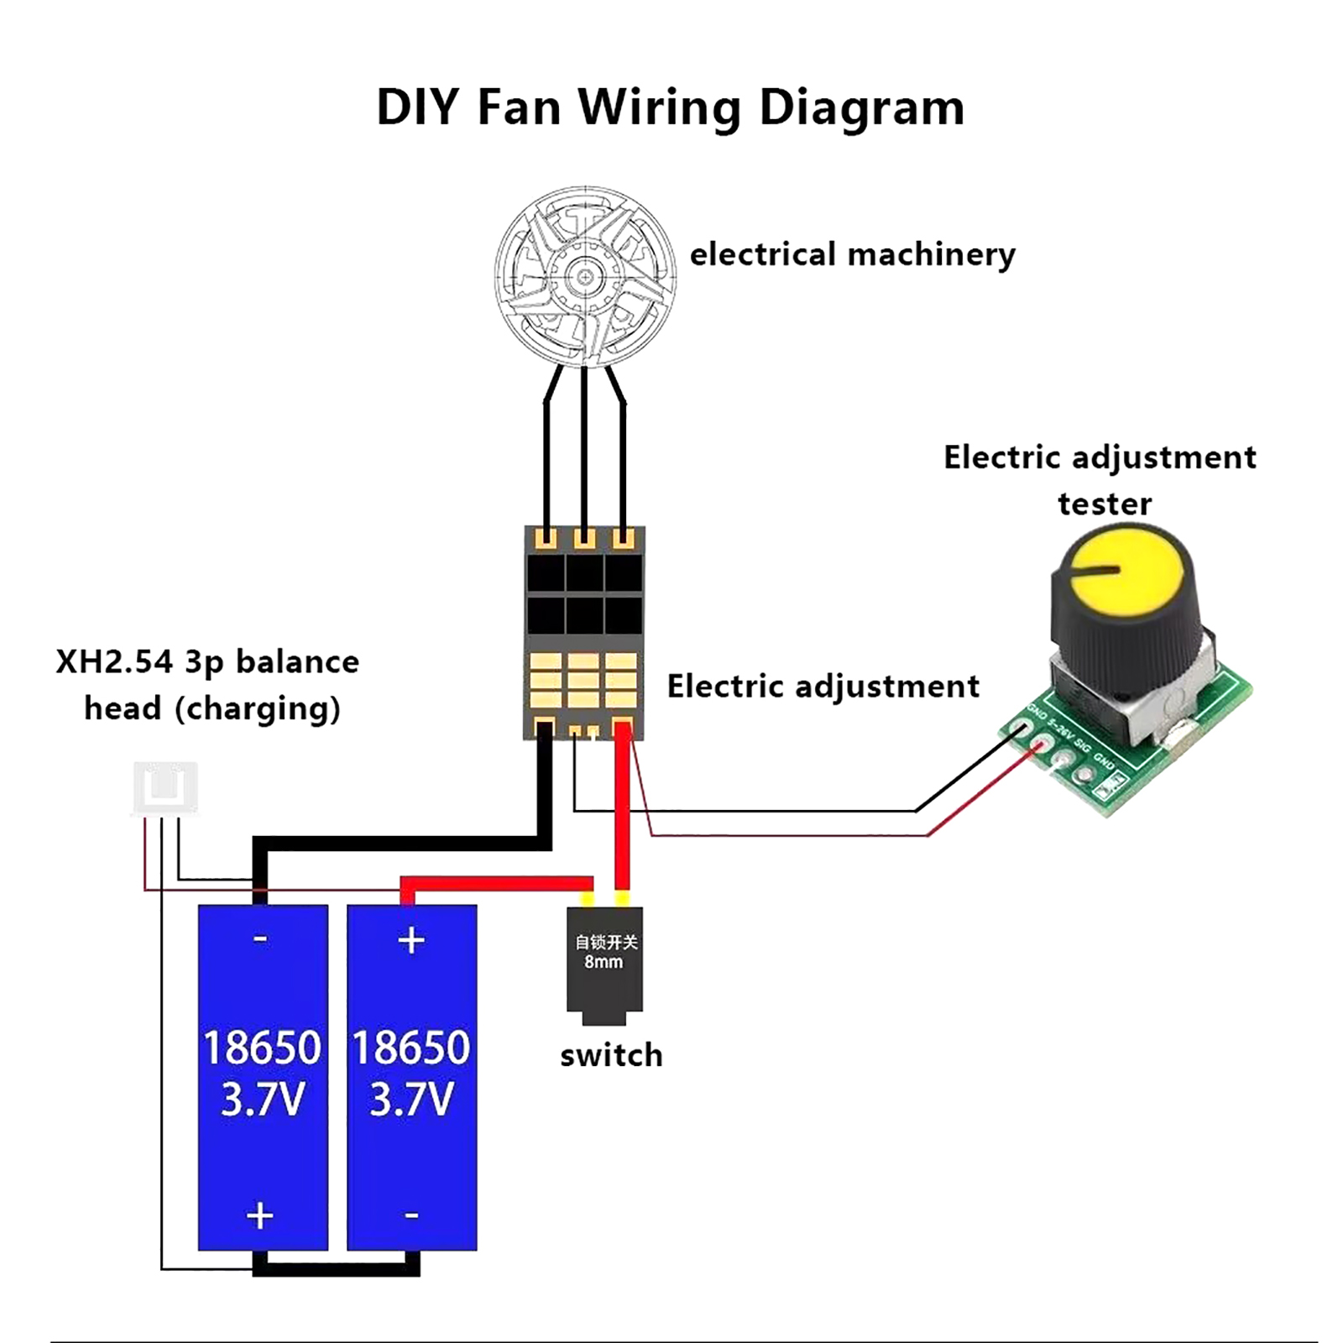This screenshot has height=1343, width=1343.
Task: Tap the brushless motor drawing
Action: [585, 276]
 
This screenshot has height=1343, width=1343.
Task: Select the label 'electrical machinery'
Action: [852, 254]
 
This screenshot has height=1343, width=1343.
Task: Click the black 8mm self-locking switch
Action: [604, 961]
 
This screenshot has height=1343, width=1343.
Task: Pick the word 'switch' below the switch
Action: [611, 1055]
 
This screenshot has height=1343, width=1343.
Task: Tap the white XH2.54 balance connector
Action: [165, 787]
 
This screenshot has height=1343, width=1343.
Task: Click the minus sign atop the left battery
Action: [261, 938]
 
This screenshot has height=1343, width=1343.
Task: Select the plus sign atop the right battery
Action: [411, 940]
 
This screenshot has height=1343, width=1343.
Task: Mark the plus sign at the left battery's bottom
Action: [260, 1215]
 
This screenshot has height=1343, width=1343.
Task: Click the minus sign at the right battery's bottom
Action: [411, 1215]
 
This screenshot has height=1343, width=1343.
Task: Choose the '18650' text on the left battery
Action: [262, 1048]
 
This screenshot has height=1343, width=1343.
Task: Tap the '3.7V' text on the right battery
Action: [411, 1100]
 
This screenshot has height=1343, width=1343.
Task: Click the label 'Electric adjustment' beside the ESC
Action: [823, 687]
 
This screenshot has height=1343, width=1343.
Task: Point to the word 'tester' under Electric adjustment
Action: [1105, 504]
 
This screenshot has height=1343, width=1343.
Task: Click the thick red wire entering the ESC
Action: [622, 806]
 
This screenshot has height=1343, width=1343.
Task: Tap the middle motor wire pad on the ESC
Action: [584, 538]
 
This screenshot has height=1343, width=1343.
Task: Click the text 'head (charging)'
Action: [212, 708]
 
